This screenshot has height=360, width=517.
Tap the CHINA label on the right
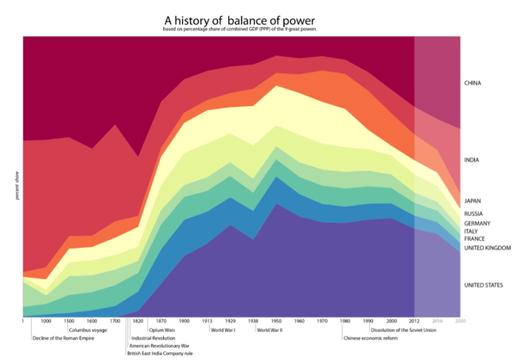[473, 83]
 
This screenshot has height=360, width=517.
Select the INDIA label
[472, 161]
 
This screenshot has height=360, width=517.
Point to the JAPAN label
[473, 201]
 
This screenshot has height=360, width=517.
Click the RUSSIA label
[474, 214]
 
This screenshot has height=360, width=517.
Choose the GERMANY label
[478, 223]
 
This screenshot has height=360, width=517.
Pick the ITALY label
[472, 231]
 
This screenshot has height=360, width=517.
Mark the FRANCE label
[474, 239]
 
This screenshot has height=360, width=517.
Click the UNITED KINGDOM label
[487, 248]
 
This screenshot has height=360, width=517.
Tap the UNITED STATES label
[484, 285]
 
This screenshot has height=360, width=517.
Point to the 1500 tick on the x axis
[69, 321]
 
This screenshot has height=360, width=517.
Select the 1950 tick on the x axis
[276, 321]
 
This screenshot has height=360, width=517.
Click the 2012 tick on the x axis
[414, 321]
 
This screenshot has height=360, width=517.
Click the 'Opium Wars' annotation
[161, 330]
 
